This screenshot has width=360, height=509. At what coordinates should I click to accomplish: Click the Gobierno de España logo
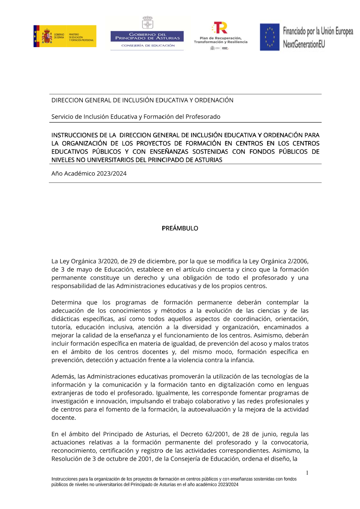pos(65,36)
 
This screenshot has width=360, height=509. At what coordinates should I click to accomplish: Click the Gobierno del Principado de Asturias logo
pos(147,33)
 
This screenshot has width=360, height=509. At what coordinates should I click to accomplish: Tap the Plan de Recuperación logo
pos(220,36)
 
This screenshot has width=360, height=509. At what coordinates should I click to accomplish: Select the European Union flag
pos(270,37)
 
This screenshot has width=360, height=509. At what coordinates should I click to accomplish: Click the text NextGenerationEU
pos(304,44)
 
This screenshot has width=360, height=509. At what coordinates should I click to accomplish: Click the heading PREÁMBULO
pos(180,228)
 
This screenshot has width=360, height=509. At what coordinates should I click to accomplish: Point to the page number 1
pos(307,473)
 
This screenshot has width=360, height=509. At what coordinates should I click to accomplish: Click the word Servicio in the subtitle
pos(62,117)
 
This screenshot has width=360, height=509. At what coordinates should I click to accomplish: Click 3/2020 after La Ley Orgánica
pos(107,261)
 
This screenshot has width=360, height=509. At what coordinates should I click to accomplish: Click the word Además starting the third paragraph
pos(63,377)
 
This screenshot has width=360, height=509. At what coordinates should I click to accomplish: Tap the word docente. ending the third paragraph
pos(64,418)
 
